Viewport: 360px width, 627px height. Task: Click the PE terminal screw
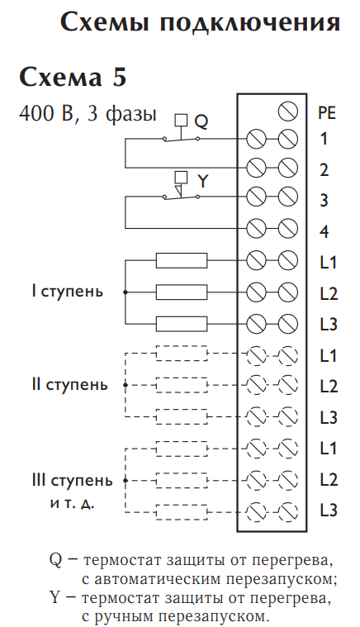tap(288, 112)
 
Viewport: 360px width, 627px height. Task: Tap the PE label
tap(327, 113)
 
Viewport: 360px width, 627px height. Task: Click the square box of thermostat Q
tap(182, 121)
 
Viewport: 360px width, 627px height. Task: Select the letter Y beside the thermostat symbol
tap(203, 182)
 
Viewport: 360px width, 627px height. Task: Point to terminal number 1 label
tap(323, 139)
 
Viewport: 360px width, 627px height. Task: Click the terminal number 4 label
tap(324, 232)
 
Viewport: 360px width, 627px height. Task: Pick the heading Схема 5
tap(73, 77)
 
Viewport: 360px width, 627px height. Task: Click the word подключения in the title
tap(250, 24)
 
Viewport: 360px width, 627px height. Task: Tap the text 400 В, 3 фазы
tap(88, 113)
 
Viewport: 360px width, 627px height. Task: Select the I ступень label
tap(68, 292)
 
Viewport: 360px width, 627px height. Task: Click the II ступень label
tap(70, 386)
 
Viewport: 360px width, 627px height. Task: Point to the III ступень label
tap(73, 481)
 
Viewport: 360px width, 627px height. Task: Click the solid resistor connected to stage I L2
tap(182, 292)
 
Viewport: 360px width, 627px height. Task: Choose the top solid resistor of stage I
tap(182, 261)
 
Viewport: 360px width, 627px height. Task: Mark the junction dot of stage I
tap(126, 292)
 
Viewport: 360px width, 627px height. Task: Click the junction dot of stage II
tap(126, 385)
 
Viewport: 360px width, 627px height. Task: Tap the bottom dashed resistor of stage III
tap(182, 512)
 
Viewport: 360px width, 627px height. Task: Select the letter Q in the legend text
tap(55, 561)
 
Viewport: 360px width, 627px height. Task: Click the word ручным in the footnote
tap(126, 615)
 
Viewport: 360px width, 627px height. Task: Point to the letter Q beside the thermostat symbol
tap(201, 121)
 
